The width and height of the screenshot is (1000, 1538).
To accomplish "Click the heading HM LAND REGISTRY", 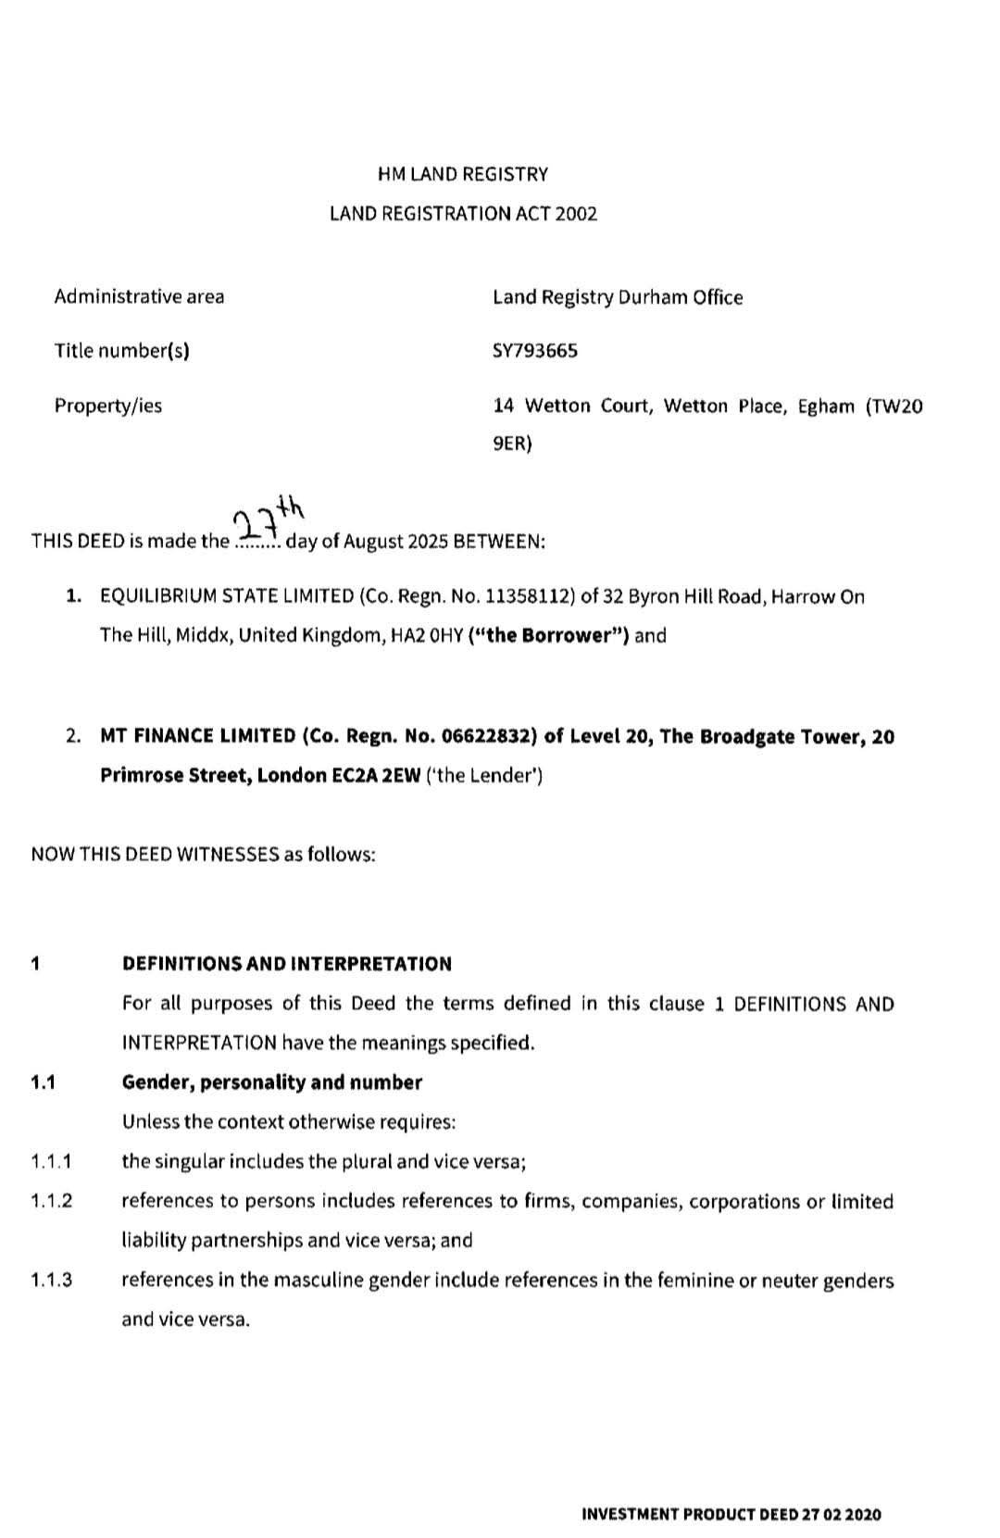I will coord(463,174).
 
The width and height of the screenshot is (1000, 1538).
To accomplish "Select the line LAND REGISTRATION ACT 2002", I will coord(463,214).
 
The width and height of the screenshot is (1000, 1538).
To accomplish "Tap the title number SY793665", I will coord(535,351).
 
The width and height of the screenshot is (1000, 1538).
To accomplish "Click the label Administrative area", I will coord(139,297).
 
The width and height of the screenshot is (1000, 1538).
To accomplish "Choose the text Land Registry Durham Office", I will coord(618,297).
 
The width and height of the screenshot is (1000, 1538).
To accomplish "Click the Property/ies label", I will coord(107,406).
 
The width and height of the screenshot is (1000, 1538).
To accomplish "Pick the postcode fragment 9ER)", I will coord(512,444).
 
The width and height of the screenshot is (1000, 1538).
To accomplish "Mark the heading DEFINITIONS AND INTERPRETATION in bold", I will coord(287,964).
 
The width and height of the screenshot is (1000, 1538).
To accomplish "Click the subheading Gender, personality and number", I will coord(272,1082).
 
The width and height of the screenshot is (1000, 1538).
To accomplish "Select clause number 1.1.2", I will coord(52,1202).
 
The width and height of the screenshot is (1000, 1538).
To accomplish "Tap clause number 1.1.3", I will coord(52,1282).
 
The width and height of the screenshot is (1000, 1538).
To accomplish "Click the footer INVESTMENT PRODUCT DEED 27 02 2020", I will coord(731,1515).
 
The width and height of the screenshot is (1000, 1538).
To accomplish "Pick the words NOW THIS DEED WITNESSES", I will coord(155,855).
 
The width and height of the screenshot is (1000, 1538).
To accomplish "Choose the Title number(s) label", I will coord(121,351).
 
